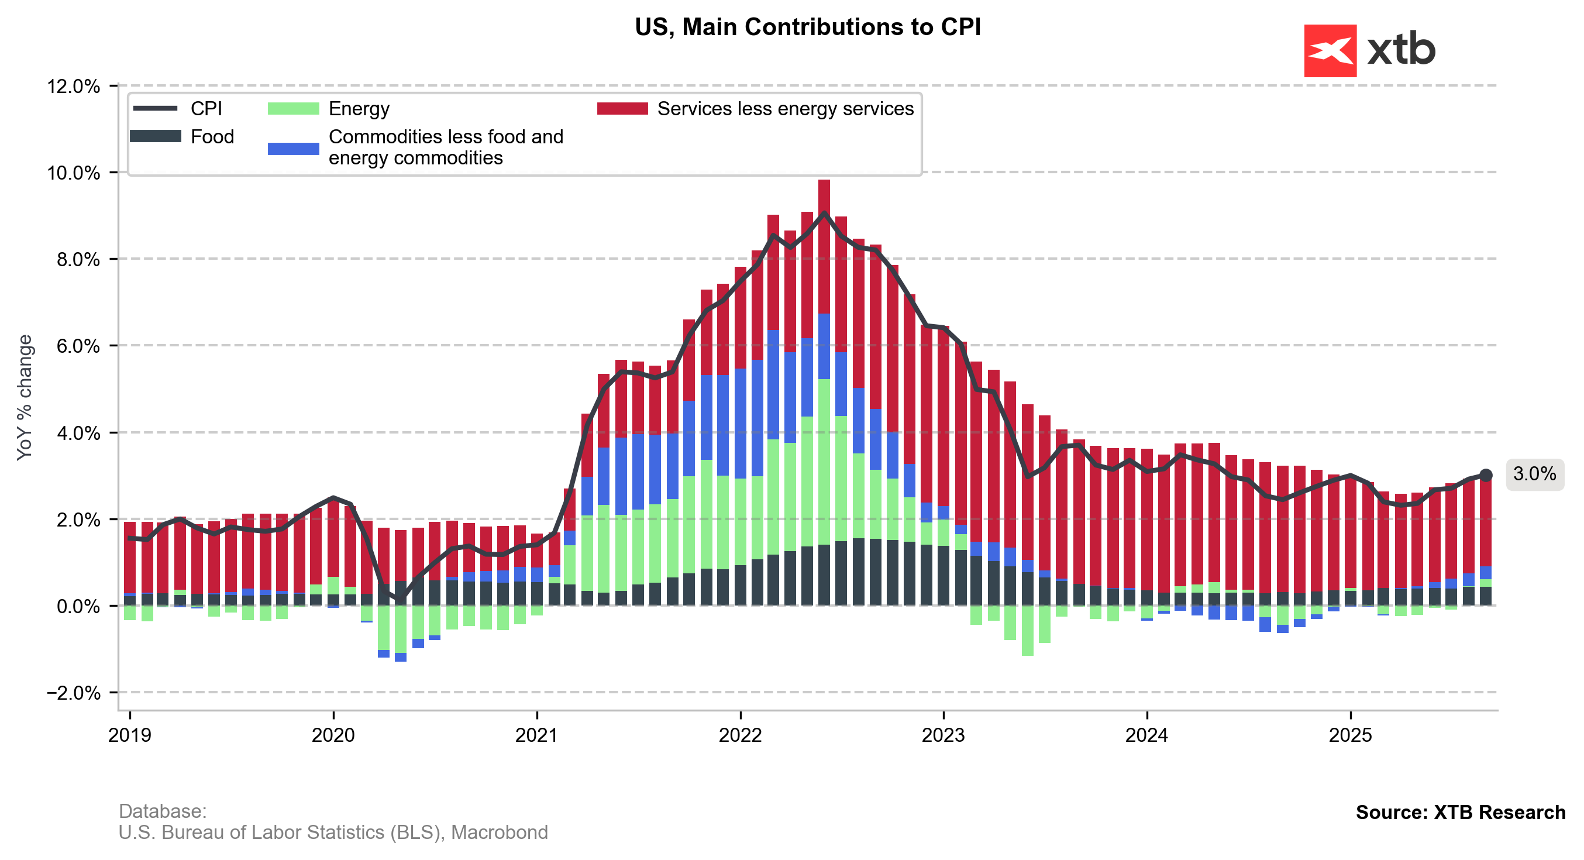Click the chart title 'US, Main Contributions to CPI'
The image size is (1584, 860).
[x=807, y=27]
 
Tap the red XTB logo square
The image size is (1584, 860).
[x=1330, y=51]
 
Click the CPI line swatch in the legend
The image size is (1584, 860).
[x=155, y=109]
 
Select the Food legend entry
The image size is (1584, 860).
[x=212, y=136]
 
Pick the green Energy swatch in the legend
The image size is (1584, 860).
[x=293, y=109]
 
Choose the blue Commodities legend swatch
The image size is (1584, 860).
[x=293, y=148]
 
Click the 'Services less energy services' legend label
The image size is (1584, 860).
[x=785, y=109]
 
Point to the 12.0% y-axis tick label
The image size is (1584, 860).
[x=73, y=86]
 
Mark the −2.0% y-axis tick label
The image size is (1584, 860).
[x=73, y=693]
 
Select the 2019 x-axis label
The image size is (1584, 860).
[x=130, y=735]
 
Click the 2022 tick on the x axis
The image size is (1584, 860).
[x=741, y=735]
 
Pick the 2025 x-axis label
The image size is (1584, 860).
[x=1351, y=735]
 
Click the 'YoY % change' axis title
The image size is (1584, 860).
[x=25, y=397]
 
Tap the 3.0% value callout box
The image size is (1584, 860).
[x=1534, y=474]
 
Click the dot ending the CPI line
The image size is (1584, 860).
[x=1486, y=475]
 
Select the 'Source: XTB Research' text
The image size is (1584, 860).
[x=1461, y=813]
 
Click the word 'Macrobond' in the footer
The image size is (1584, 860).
[x=500, y=833]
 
